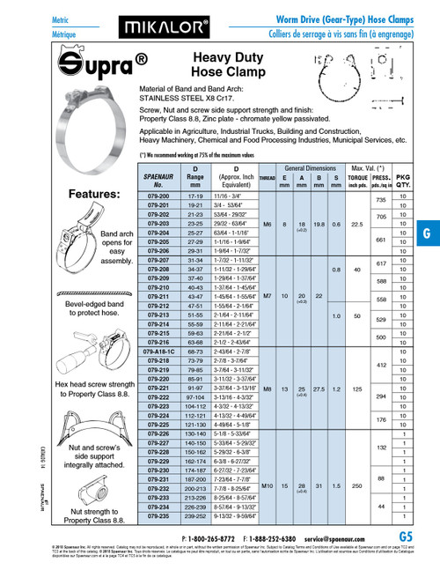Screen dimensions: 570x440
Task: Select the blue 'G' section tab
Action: [x=427, y=233]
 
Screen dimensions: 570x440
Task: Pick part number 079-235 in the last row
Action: [x=156, y=518]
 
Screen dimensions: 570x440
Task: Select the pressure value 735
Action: [x=382, y=201]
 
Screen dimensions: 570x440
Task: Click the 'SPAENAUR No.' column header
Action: [x=156, y=181]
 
